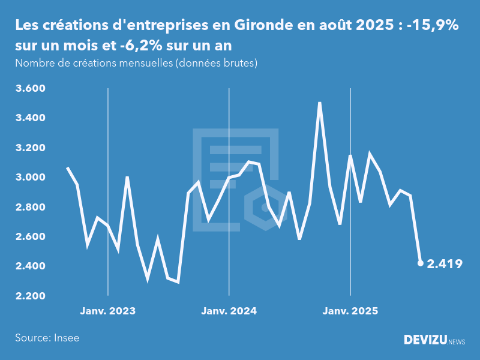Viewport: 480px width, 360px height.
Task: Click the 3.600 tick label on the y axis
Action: point(30,89)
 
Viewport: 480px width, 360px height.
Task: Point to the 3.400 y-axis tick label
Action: point(30,118)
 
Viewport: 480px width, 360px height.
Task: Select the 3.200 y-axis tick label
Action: point(30,148)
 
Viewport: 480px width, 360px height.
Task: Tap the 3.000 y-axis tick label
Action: point(30,178)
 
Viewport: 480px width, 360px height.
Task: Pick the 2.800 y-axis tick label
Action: point(30,207)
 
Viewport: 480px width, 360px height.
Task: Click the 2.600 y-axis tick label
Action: point(30,236)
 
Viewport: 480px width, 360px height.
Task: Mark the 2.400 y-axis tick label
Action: point(30,266)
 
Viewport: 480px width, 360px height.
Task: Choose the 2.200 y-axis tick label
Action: point(30,296)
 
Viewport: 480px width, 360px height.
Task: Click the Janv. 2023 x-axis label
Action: point(108,311)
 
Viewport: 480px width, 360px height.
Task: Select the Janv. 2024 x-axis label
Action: point(229,311)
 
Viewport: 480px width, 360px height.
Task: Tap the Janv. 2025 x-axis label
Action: point(350,311)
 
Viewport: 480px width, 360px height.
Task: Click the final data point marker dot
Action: point(420,263)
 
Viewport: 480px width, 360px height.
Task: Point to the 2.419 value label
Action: point(445,263)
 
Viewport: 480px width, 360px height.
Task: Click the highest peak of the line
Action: point(320,103)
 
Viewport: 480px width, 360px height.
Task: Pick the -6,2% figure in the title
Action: point(161,45)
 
